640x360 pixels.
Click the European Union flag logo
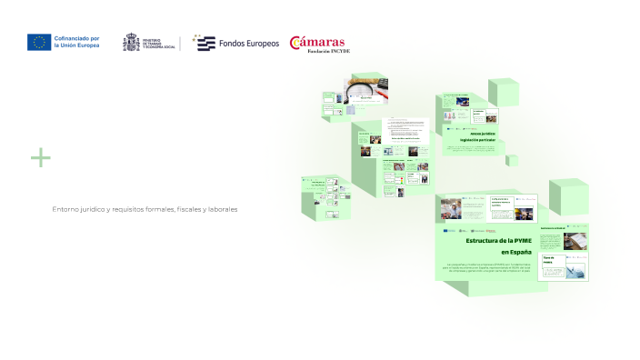coord(39,42)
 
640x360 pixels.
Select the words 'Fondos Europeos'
coord(249,44)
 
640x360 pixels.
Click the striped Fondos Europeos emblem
coord(205,43)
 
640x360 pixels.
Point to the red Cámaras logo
coord(317,44)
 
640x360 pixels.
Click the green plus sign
coord(40,158)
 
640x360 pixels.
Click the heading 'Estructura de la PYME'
coord(498,239)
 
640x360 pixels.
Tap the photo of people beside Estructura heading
coord(452,211)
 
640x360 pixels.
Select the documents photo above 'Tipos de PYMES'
coord(575,241)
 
